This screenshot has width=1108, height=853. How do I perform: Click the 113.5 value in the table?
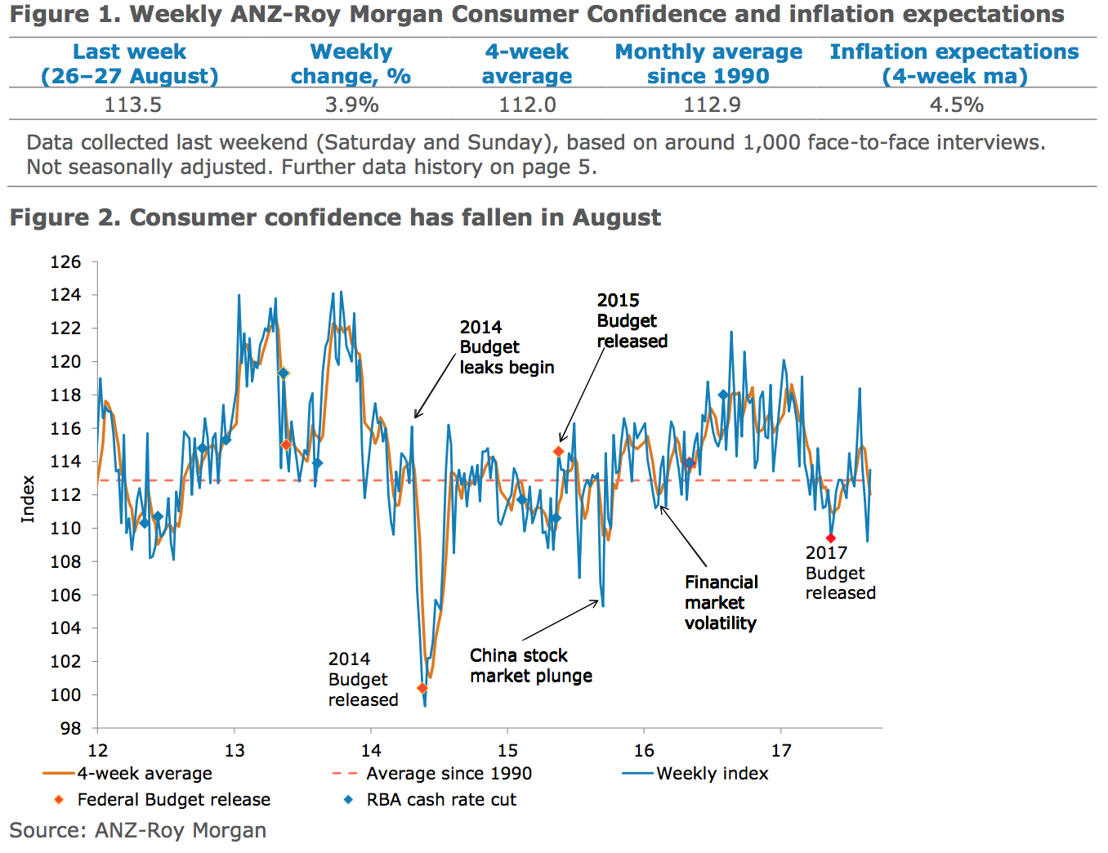click(132, 105)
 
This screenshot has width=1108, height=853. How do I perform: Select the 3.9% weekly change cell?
click(351, 105)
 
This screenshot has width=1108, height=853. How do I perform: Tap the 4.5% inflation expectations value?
click(956, 105)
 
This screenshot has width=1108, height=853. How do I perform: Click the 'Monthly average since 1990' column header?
click(708, 64)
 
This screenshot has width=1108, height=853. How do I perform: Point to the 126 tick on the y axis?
click(66, 262)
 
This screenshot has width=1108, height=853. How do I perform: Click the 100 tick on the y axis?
click(66, 694)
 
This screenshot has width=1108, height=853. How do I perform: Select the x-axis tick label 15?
click(507, 751)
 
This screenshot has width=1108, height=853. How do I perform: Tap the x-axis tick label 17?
click(780, 751)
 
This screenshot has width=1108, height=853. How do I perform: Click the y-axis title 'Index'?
click(28, 498)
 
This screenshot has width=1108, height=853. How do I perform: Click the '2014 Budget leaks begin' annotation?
click(507, 347)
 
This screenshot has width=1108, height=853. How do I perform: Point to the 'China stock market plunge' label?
click(531, 666)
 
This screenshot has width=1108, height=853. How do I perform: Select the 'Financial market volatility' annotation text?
click(721, 603)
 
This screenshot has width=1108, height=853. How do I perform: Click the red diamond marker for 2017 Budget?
click(830, 538)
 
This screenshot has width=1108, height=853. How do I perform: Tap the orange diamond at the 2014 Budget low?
click(422, 688)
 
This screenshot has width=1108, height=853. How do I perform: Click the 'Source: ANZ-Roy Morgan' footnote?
click(138, 831)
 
